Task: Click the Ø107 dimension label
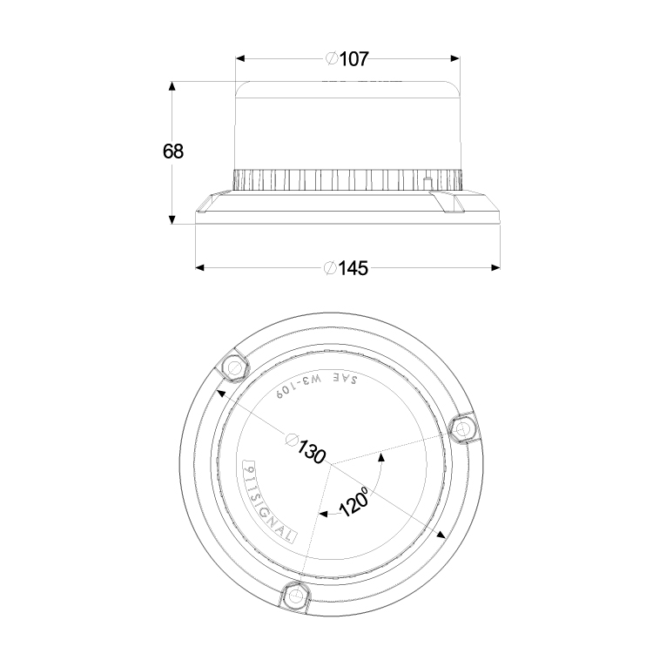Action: coord(347,59)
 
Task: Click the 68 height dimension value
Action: coord(173,151)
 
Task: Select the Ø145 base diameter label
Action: coord(347,268)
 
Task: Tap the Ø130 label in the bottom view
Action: coord(306,448)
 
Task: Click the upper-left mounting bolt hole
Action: coord(232,367)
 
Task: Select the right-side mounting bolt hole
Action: coord(461,428)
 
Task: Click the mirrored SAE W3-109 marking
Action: coord(317,385)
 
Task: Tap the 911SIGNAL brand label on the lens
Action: coord(269,501)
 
